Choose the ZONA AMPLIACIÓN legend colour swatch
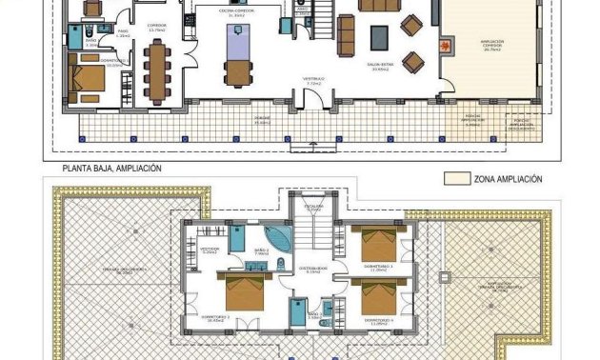tap(460, 178)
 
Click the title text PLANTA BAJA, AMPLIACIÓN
tap(111, 168)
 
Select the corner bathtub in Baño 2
tap(275, 236)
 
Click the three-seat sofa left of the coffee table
tap(346, 36)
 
